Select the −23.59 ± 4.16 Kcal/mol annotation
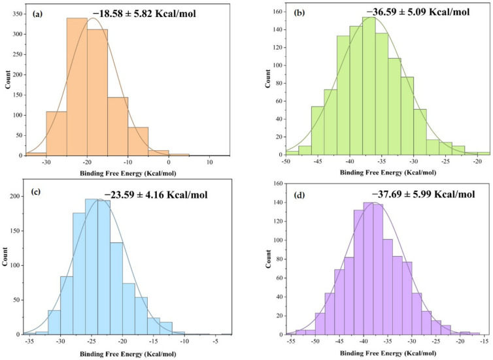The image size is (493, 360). (160, 195)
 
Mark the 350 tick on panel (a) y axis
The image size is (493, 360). (14, 13)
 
